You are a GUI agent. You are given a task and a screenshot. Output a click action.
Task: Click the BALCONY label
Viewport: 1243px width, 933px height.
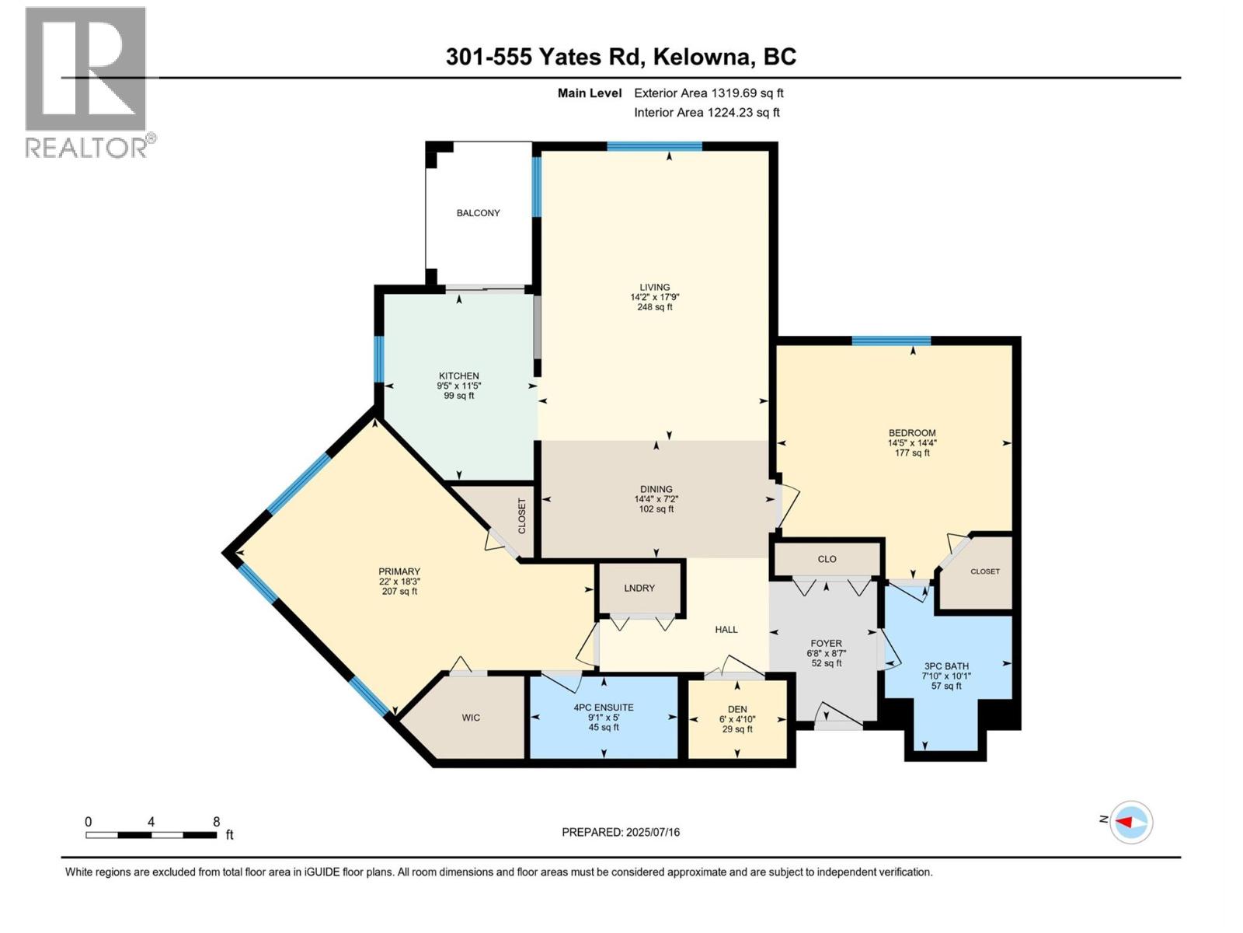478,213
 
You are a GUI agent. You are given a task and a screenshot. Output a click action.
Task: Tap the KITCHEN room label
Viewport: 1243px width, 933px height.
458,376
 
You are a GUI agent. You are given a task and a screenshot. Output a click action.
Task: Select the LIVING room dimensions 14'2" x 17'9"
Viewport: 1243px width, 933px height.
655,297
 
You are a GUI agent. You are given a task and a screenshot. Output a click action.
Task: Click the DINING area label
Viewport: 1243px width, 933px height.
656,489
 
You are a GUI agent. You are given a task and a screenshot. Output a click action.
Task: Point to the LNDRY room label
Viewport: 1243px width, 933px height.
639,588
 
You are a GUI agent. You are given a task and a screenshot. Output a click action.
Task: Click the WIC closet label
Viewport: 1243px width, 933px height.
471,718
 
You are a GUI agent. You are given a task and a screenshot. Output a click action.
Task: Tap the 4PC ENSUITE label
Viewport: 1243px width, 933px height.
604,708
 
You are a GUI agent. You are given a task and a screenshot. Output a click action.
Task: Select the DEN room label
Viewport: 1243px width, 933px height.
737,709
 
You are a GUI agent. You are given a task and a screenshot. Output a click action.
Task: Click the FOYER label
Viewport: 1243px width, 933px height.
826,643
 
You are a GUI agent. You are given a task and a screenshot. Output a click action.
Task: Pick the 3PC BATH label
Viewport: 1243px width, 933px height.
945,666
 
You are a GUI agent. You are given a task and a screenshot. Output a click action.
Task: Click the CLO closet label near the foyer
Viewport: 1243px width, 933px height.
827,559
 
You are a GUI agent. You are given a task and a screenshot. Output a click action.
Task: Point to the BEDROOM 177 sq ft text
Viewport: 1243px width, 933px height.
912,453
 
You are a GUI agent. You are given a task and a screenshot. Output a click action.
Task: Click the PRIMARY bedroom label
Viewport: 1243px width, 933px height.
399,571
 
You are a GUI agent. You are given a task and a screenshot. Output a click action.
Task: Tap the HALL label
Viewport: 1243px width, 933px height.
726,630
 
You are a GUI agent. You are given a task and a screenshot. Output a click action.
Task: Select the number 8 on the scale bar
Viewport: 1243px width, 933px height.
217,822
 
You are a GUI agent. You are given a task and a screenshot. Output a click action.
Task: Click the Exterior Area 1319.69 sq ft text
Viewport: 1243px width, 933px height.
709,93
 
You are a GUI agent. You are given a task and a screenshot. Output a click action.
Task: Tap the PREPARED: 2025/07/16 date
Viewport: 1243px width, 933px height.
621,832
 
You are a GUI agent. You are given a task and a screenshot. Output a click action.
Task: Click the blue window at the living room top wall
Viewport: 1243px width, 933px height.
654,145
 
